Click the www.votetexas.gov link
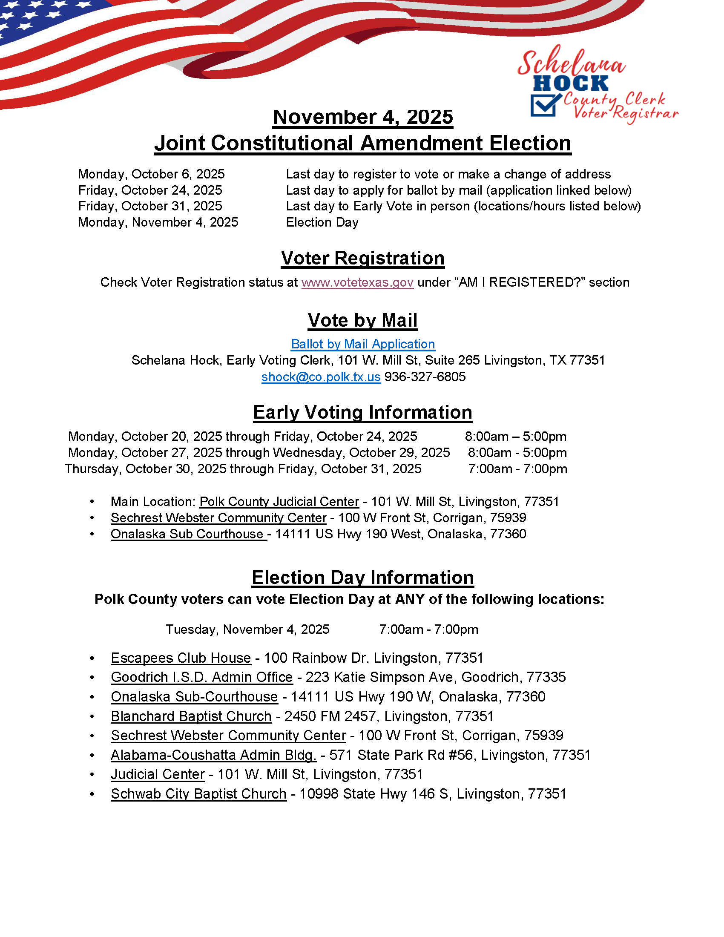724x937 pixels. point(357,282)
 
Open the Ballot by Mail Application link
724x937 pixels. point(363,344)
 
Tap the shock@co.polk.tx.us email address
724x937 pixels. point(321,377)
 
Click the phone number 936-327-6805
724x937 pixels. point(425,377)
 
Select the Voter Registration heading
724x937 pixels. point(362,258)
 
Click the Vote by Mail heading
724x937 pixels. point(362,320)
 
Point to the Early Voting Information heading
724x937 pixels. point(362,412)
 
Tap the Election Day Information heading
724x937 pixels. point(362,578)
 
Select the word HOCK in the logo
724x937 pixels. point(570,83)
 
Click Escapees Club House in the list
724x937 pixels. point(181,658)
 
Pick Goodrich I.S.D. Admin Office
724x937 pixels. point(201,677)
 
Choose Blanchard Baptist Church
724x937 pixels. point(191,716)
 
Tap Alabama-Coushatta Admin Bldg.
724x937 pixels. point(213,755)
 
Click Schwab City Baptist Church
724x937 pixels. point(198,794)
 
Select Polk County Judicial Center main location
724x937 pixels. point(279,502)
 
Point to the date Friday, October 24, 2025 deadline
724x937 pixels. point(149,190)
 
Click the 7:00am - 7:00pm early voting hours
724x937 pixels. point(517,468)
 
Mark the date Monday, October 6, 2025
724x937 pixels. point(151,174)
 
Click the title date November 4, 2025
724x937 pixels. point(362,117)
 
